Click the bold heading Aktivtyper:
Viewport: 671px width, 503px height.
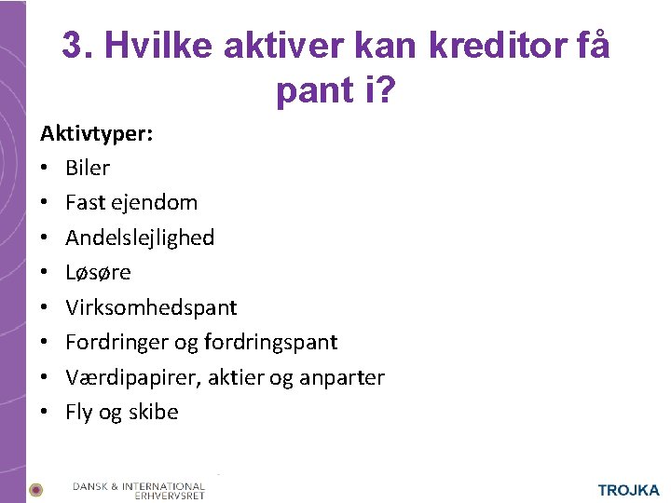tap(97, 133)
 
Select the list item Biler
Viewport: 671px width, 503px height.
tap(88, 168)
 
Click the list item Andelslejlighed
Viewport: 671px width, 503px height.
tap(140, 238)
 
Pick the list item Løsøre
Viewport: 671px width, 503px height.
tap(98, 272)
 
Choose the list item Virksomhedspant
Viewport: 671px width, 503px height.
tap(151, 307)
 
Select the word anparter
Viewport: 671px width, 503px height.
tap(343, 377)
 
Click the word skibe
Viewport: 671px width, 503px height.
tap(153, 412)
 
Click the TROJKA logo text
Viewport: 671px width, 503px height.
tap(628, 490)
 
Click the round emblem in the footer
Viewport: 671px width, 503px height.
tap(35, 489)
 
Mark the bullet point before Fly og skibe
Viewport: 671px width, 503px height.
tap(44, 412)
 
